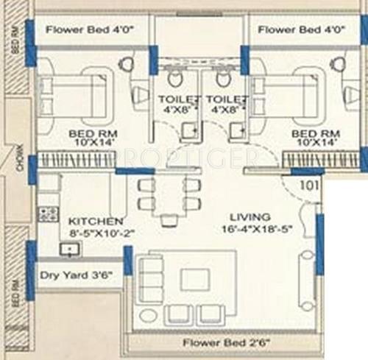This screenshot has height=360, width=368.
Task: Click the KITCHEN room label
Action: tap(95, 221)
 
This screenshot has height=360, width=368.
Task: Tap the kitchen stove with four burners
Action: tap(49, 214)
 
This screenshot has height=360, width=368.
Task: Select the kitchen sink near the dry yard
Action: tap(70, 250)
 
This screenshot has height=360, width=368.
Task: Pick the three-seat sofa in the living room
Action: tap(150, 278)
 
